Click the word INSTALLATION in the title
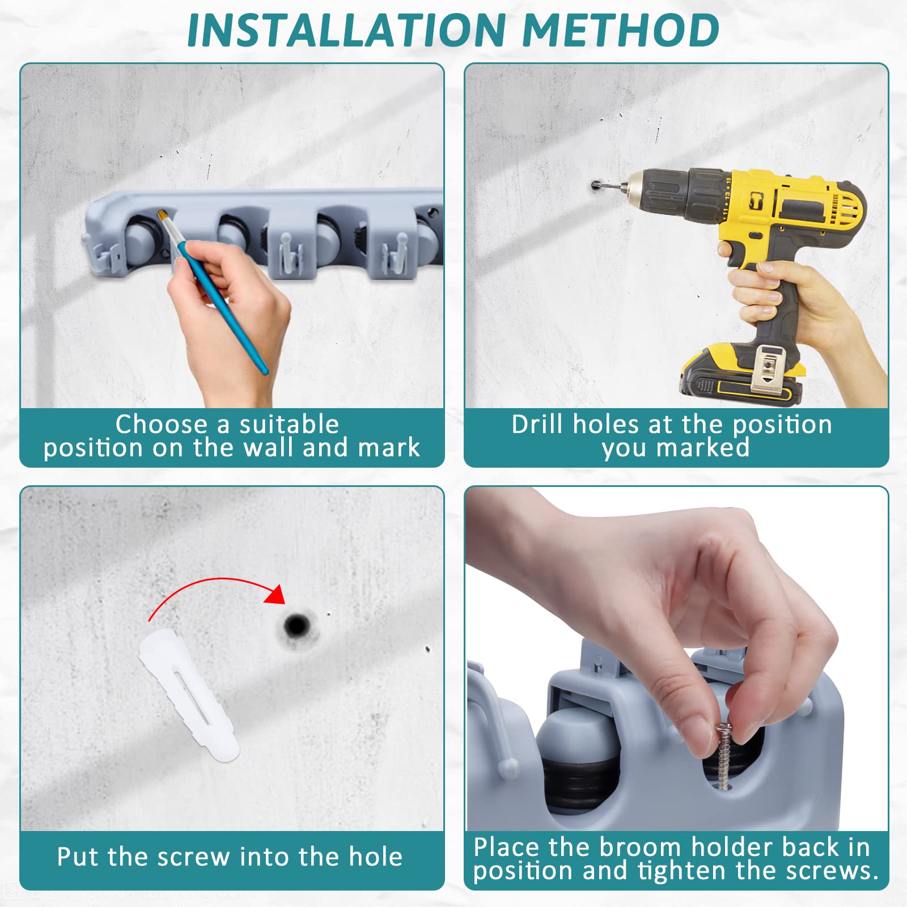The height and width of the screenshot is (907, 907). (346, 29)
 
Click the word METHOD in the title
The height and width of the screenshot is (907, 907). (621, 29)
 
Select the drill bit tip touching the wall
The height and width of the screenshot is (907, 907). (595, 185)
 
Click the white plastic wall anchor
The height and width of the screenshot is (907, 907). (189, 694)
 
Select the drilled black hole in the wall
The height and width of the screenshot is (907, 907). (296, 626)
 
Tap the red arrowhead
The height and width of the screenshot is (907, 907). (276, 594)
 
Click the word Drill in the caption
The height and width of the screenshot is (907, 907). (539, 424)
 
